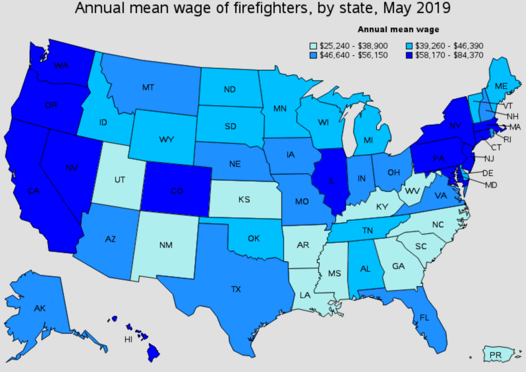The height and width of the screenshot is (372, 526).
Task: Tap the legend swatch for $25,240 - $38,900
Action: pyautogui.click(x=313, y=46)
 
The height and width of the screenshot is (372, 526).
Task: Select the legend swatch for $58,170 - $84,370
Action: pyautogui.click(x=409, y=55)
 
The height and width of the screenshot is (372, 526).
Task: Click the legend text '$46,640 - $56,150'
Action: pyautogui.click(x=354, y=55)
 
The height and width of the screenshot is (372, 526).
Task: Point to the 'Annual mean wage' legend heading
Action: pyautogui.click(x=398, y=30)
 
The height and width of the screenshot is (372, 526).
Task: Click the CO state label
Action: pyautogui.click(x=177, y=191)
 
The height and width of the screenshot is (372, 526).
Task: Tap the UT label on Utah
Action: pyautogui.click(x=120, y=180)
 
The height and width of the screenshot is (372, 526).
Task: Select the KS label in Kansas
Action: pyautogui.click(x=244, y=200)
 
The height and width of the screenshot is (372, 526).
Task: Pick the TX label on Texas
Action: pyautogui.click(x=236, y=289)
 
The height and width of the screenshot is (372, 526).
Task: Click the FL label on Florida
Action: pyautogui.click(x=424, y=318)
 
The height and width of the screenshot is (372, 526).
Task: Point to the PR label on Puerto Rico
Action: pyautogui.click(x=495, y=355)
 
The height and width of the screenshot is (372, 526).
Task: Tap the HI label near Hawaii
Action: pyautogui.click(x=128, y=339)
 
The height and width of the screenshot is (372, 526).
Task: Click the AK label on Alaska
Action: pyautogui.click(x=40, y=308)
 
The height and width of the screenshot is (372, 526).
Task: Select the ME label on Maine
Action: pyautogui.click(x=501, y=86)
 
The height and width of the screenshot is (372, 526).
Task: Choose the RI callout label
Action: pyautogui.click(x=507, y=139)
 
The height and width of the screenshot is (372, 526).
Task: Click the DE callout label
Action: pyautogui.click(x=488, y=173)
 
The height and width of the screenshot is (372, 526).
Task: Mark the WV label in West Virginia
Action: pyautogui.click(x=412, y=191)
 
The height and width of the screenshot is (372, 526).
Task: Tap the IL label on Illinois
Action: pyautogui.click(x=332, y=181)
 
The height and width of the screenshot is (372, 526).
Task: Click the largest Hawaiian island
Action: pyautogui.click(x=154, y=352)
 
